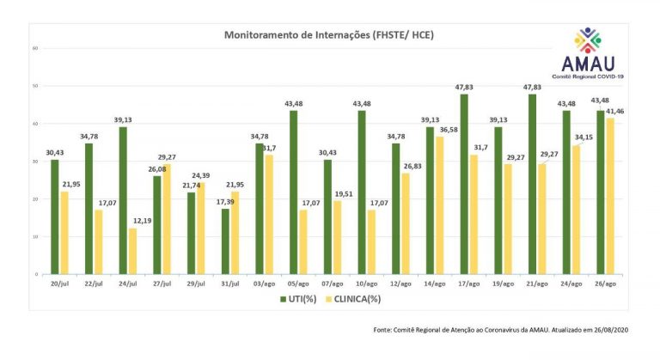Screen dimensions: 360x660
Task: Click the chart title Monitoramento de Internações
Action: pyautogui.click(x=329, y=35)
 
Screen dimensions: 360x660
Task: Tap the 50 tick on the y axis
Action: pyautogui.click(x=35, y=86)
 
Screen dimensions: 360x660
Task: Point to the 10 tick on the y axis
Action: pyautogui.click(x=35, y=236)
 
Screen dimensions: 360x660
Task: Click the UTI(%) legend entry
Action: pyautogui.click(x=302, y=299)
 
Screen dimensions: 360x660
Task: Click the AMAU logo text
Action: pyautogui.click(x=593, y=63)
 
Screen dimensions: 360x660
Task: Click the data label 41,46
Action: pyautogui.click(x=615, y=112)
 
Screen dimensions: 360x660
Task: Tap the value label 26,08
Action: pyautogui.click(x=158, y=169)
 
